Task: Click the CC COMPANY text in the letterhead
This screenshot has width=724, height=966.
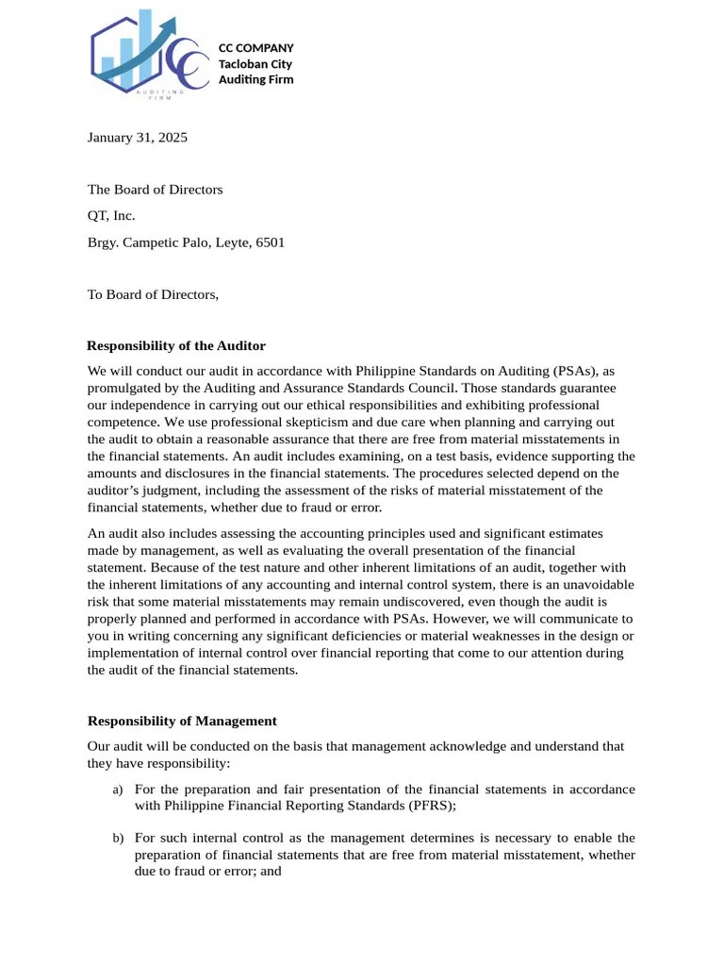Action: click(x=255, y=48)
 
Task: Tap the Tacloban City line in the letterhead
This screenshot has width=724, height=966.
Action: click(x=255, y=64)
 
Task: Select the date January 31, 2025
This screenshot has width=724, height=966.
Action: click(x=138, y=138)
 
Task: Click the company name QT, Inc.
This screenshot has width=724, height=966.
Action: click(x=111, y=216)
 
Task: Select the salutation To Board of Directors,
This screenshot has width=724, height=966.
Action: click(x=153, y=294)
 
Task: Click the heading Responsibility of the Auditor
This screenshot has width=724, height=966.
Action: click(x=176, y=346)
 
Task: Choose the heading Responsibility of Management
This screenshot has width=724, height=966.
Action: click(x=182, y=721)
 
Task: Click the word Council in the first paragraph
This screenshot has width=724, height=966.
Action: click(x=425, y=388)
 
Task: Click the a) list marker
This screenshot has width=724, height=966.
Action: click(x=118, y=790)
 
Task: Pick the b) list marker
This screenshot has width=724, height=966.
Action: click(x=118, y=839)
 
